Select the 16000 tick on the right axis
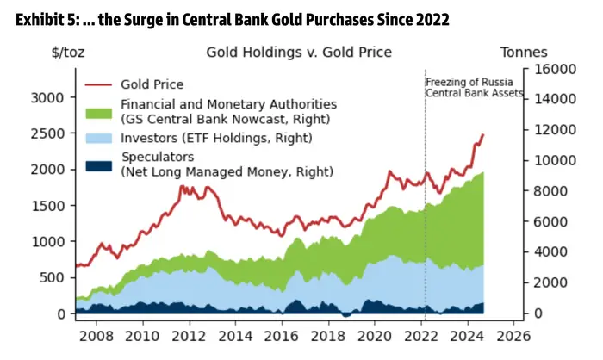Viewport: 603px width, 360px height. coord(556,68)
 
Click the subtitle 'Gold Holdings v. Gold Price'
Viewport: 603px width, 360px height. coord(299,53)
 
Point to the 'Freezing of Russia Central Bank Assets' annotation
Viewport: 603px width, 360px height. coord(475,88)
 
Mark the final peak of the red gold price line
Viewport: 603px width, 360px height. coord(483,134)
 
